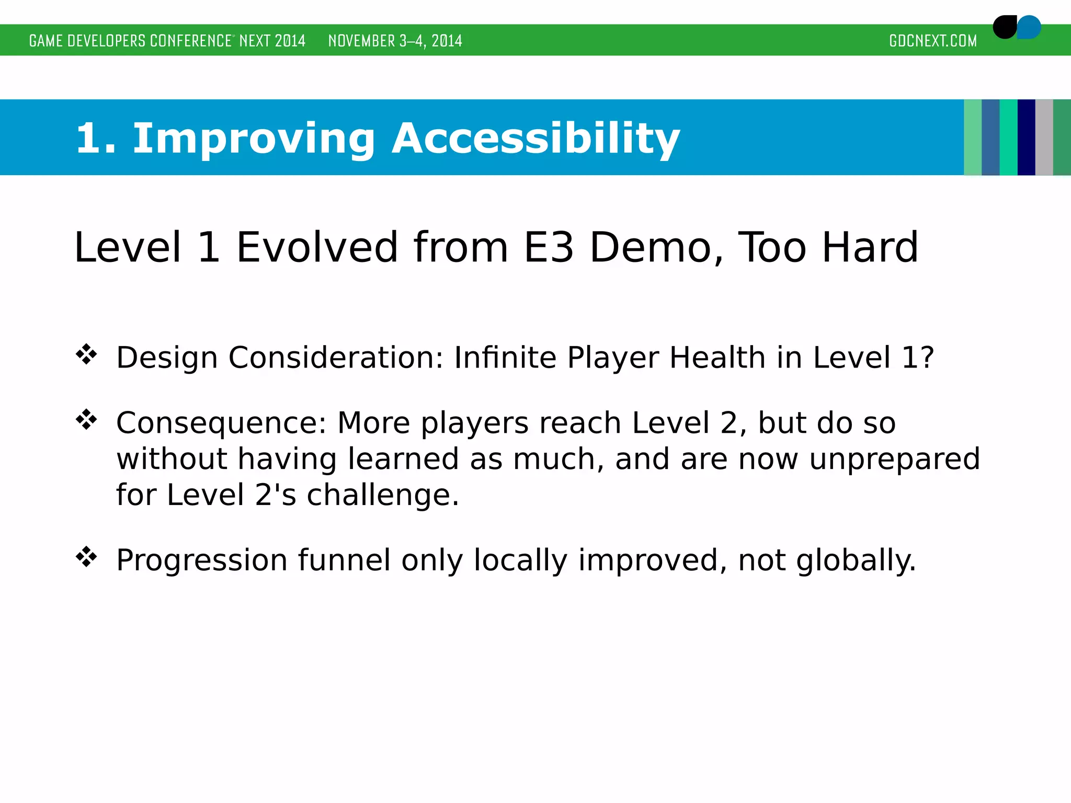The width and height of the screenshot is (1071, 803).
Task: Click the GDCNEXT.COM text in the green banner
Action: click(x=932, y=41)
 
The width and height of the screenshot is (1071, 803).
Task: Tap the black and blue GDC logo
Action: click(x=1016, y=27)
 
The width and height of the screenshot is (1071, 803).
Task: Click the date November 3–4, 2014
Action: click(x=395, y=41)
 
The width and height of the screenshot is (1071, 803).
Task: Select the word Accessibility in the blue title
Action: click(x=535, y=139)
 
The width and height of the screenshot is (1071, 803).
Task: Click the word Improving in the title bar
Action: click(x=254, y=139)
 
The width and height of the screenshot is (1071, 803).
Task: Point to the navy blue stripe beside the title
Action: click(x=1026, y=137)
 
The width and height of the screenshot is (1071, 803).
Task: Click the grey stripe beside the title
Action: click(x=1044, y=137)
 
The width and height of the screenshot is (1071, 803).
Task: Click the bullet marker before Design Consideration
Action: click(x=86, y=354)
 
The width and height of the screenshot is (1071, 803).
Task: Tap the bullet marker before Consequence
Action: click(x=86, y=419)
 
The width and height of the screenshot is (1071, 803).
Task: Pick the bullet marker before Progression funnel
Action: click(x=86, y=557)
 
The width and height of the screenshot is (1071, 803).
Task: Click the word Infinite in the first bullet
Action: click(x=505, y=358)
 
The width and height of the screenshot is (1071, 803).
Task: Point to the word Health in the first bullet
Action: click(x=717, y=358)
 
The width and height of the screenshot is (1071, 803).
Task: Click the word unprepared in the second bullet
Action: click(x=894, y=460)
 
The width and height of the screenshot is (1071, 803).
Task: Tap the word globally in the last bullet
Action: click(x=856, y=560)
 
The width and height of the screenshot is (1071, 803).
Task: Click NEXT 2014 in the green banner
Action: click(x=272, y=41)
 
